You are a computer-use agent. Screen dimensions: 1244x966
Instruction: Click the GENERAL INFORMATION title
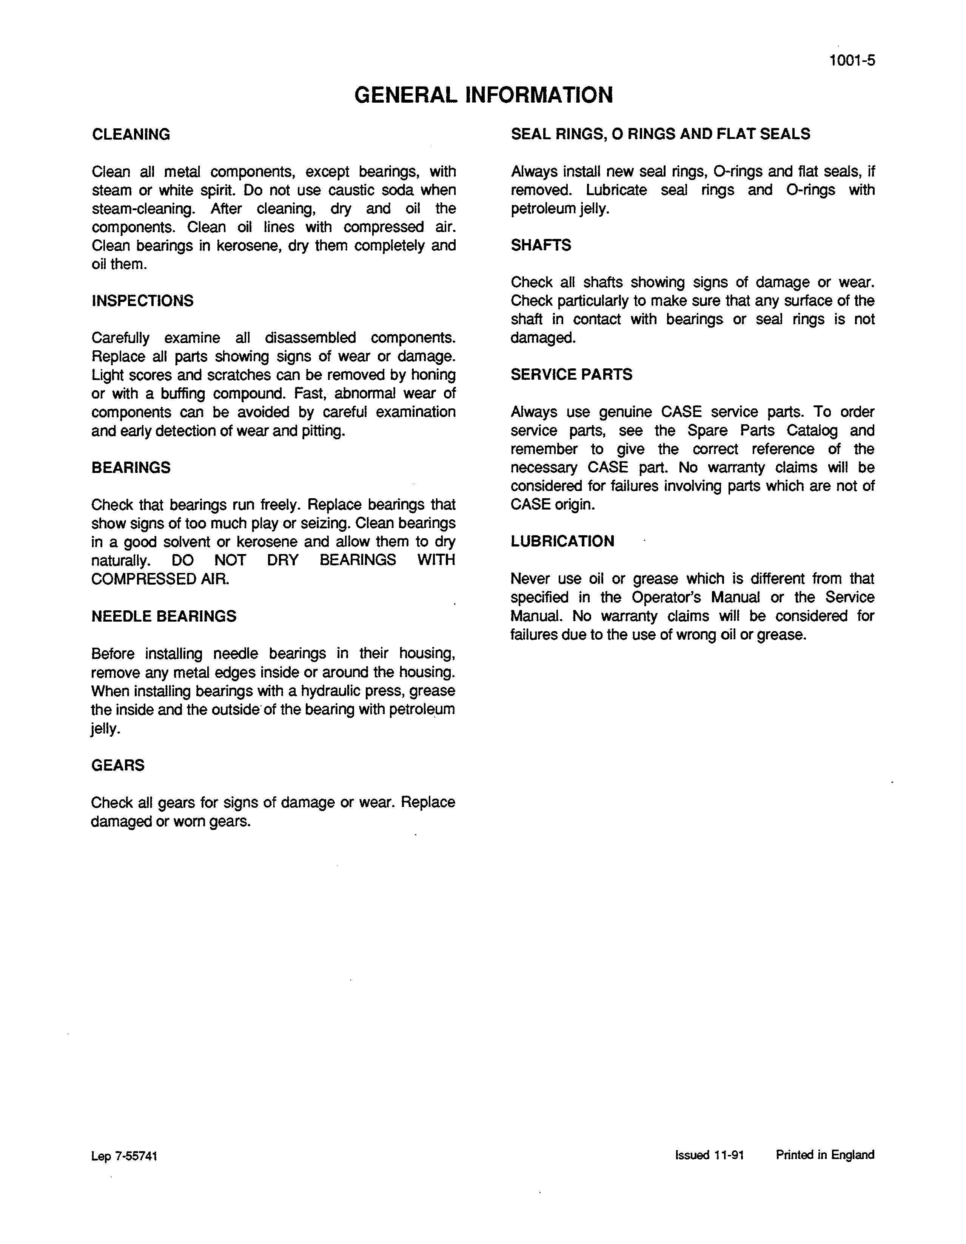(x=483, y=95)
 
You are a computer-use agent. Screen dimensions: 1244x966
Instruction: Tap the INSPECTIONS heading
(x=142, y=301)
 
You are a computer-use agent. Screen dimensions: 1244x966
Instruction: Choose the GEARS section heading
(x=118, y=765)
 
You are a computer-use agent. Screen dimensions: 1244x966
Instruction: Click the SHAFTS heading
(x=541, y=245)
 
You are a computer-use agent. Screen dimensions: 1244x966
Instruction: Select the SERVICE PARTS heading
(x=571, y=374)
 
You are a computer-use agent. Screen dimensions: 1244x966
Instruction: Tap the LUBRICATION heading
(x=562, y=541)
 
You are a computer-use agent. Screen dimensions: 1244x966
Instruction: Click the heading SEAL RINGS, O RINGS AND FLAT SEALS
(x=660, y=134)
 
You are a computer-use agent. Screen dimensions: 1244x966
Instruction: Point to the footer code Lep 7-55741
(x=124, y=1156)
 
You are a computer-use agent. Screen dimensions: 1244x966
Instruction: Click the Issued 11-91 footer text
(x=709, y=1155)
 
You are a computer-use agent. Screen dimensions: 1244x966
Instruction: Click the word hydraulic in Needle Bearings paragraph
(x=333, y=691)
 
